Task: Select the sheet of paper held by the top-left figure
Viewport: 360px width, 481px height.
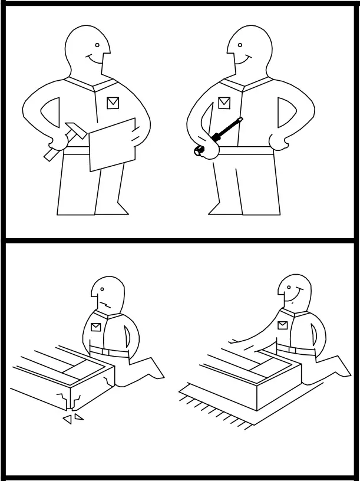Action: pos(113,145)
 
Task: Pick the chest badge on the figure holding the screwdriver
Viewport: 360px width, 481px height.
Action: pos(224,103)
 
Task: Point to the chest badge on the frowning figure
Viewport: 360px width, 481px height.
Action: pos(96,325)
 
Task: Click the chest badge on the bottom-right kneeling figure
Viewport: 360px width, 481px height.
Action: pos(283,325)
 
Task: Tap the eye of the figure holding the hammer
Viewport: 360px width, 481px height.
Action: pos(97,44)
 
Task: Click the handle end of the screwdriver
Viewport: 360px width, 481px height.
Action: pos(199,151)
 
